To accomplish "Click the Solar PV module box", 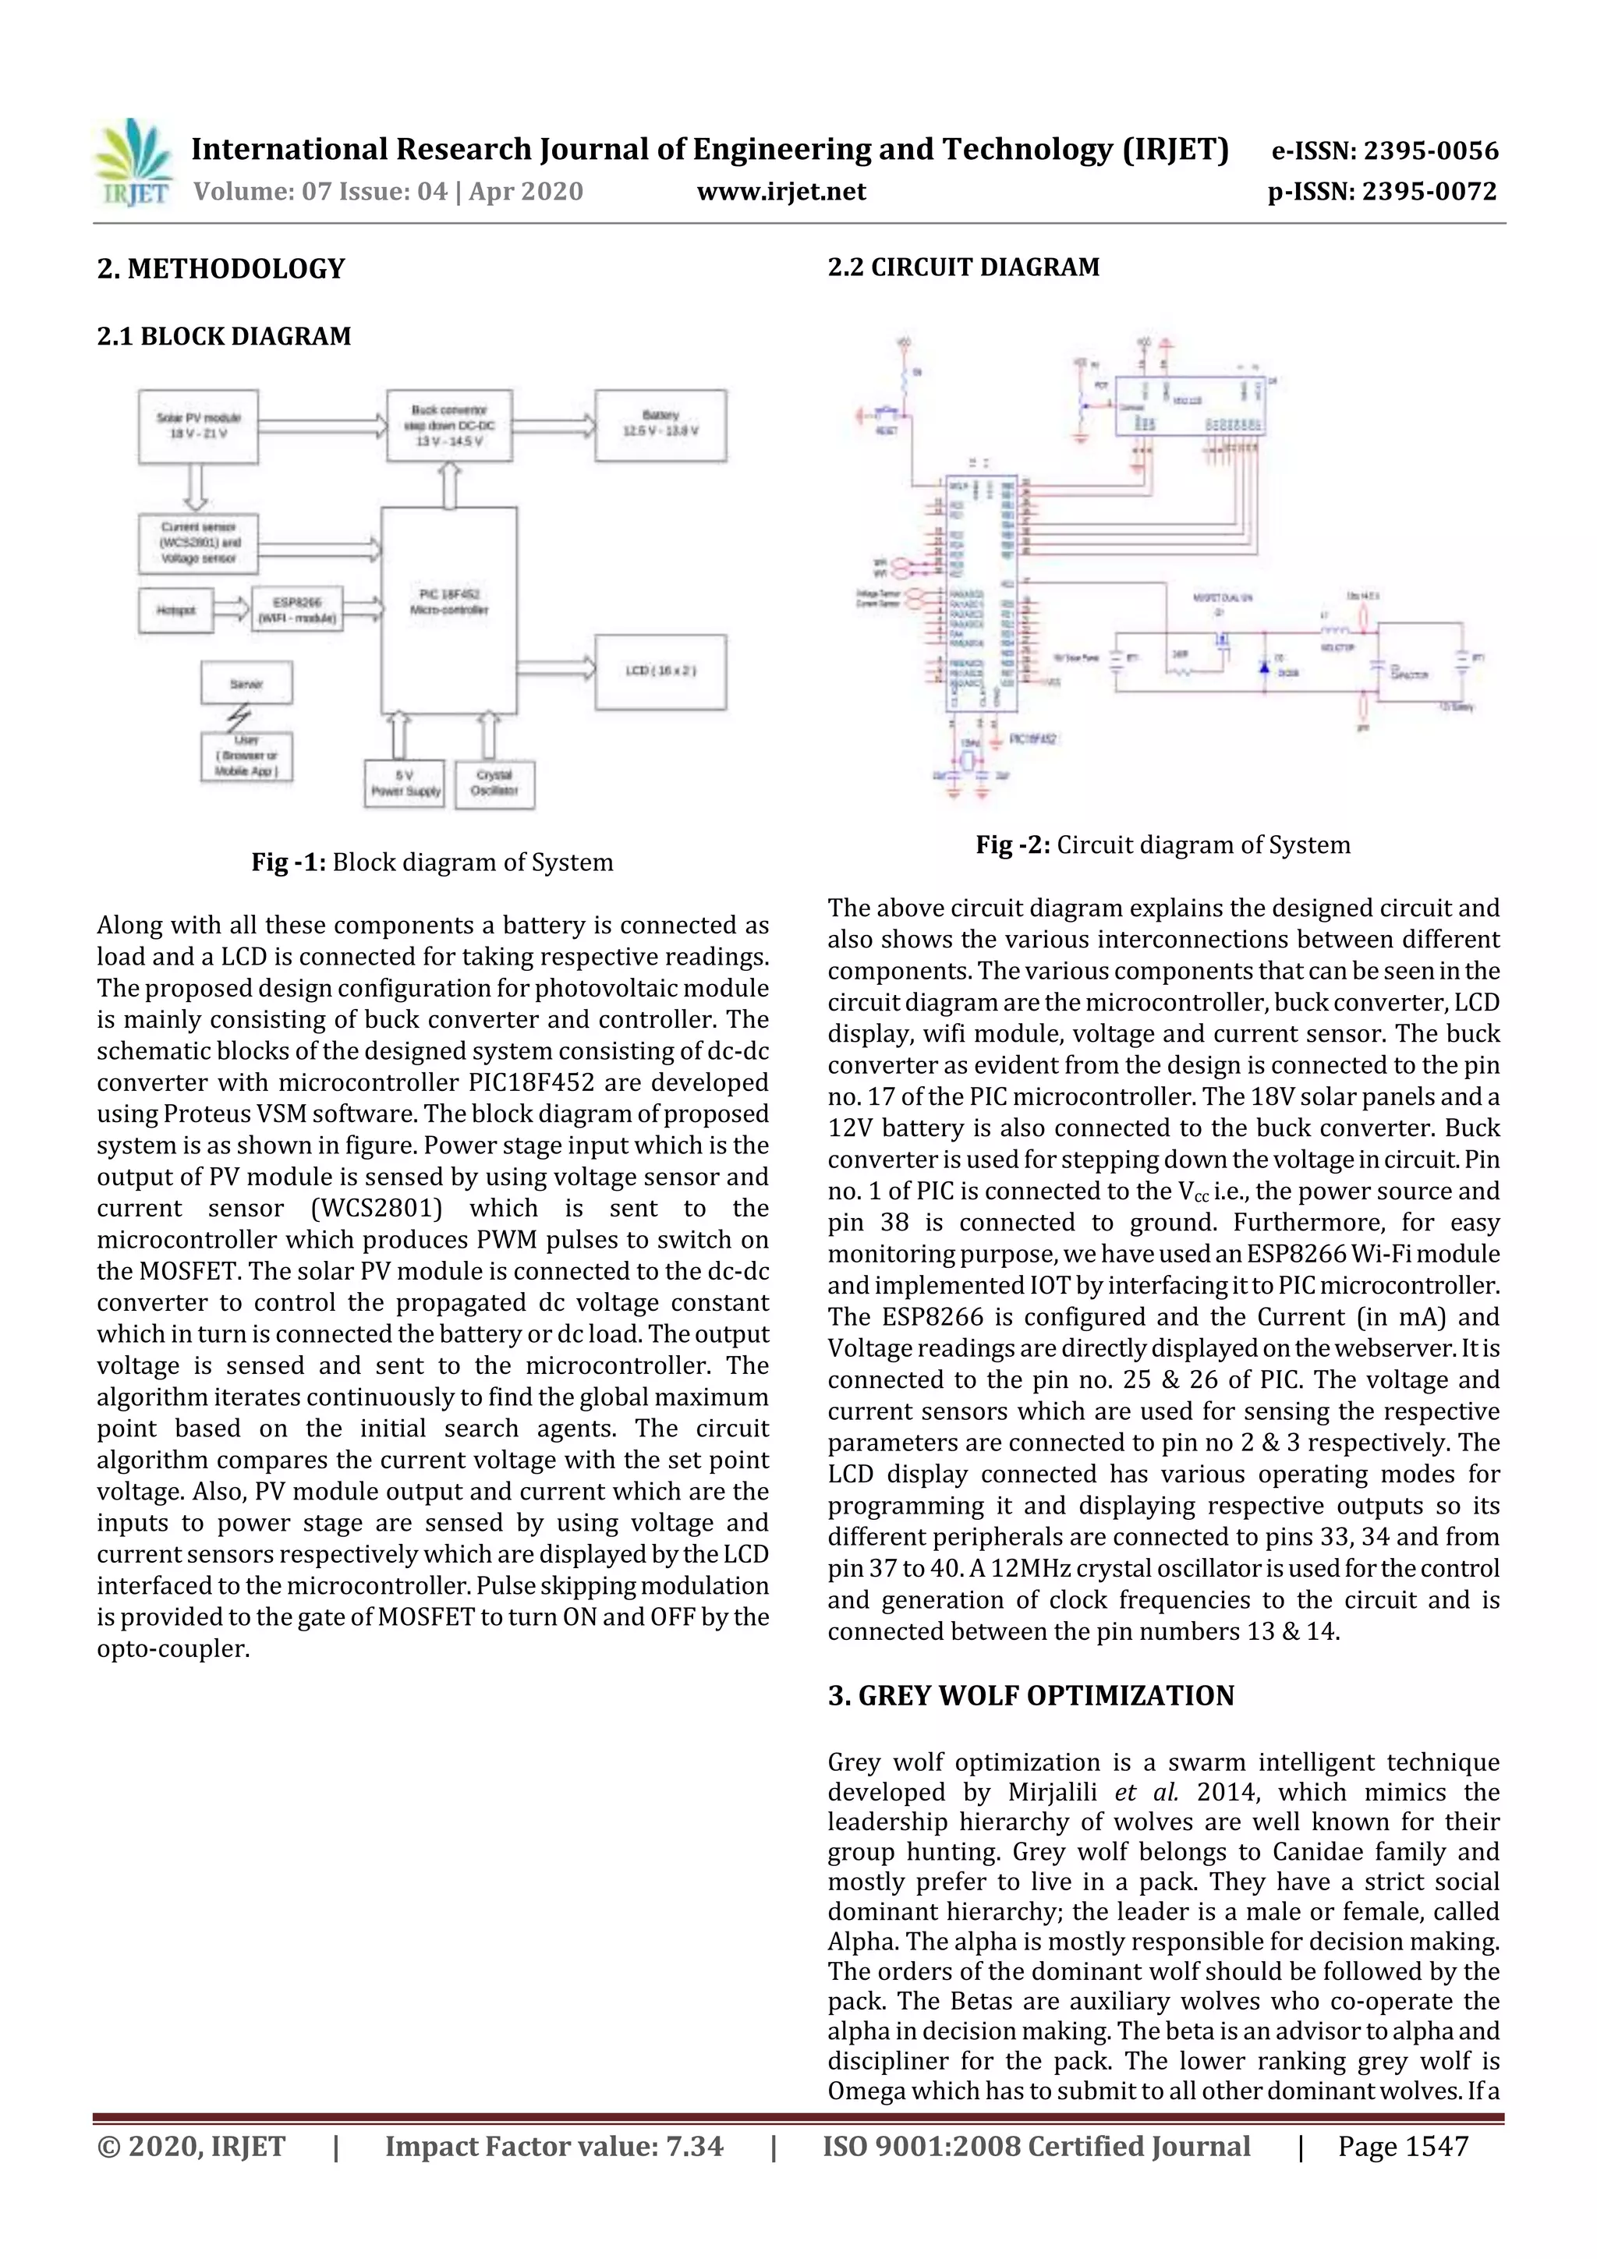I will tap(198, 426).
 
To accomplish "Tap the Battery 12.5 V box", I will tap(660, 424).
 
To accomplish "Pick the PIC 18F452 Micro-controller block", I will tap(448, 610).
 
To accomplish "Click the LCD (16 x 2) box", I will tap(660, 671).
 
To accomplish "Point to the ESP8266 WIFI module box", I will tap(296, 610).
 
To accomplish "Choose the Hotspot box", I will tap(176, 610).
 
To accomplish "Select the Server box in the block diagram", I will tap(246, 683).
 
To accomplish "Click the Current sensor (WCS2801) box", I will tap(198, 543).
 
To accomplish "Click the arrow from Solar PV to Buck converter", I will tap(323, 426).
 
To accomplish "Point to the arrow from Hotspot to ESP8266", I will tap(232, 610).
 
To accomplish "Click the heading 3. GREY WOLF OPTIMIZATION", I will tap(1030, 1695).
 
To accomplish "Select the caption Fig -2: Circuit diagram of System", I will tap(1162, 845).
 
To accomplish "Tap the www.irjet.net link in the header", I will tap(781, 192).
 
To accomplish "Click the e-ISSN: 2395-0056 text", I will tap(1384, 150).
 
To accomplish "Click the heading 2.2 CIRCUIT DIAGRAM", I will tap(963, 267).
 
